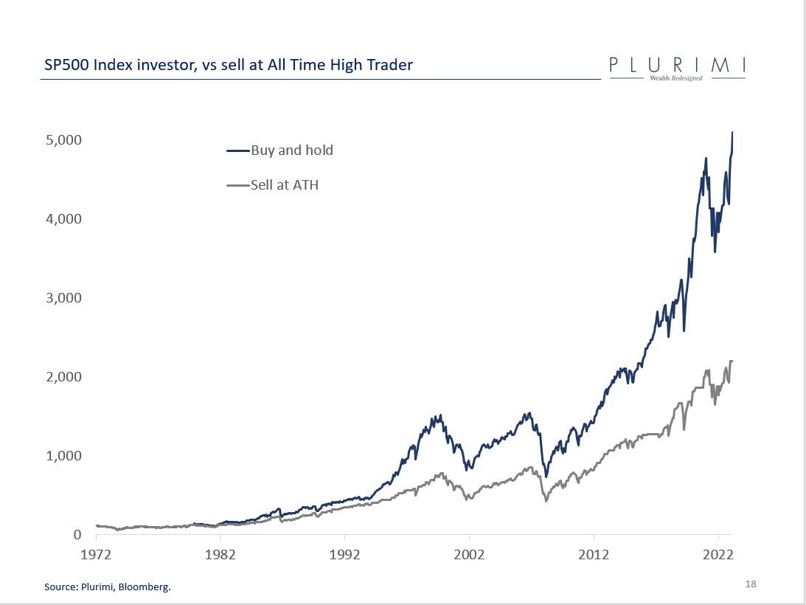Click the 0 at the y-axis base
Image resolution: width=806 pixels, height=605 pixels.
pos(76,535)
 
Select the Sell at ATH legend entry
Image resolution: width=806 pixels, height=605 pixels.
pos(285,185)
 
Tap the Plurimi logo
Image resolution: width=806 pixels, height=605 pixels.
pos(677,68)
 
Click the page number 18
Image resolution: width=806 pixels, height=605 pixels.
pos(751,584)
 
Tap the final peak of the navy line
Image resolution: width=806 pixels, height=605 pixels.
pos(732,132)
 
